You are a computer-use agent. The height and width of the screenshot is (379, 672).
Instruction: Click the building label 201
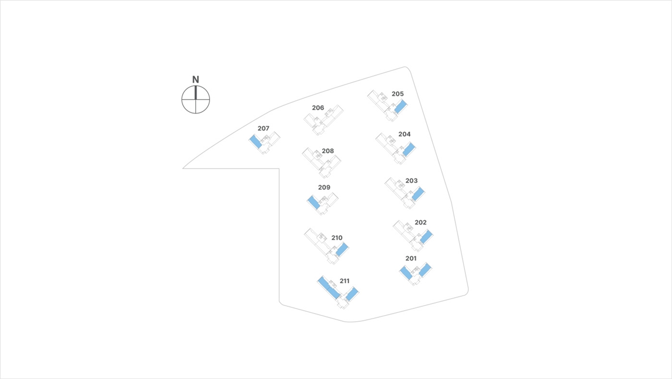(411, 259)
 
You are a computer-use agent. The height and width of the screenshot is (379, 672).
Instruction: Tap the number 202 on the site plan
(421, 223)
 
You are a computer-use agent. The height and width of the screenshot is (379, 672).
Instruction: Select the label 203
(412, 181)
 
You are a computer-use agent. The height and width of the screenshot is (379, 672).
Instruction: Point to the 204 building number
(404, 134)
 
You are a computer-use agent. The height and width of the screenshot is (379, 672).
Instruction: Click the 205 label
(398, 94)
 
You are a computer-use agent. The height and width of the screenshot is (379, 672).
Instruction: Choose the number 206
(318, 107)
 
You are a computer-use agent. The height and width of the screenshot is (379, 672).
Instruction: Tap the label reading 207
(263, 129)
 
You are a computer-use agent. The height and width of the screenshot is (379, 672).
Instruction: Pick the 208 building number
(328, 151)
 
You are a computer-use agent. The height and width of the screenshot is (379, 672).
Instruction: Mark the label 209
(324, 188)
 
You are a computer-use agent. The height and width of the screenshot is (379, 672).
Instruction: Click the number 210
(337, 238)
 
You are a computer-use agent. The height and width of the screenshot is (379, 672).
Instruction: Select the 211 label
(344, 281)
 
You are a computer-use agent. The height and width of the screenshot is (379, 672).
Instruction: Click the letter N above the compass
(195, 79)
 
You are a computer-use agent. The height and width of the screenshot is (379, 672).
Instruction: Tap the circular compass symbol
(195, 100)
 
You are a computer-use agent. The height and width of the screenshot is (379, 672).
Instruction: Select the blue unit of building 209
(314, 202)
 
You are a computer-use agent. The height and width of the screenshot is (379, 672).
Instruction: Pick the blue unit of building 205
(400, 107)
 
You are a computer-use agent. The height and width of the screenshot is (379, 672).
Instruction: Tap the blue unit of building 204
(408, 149)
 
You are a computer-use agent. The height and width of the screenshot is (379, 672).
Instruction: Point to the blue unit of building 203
(418, 194)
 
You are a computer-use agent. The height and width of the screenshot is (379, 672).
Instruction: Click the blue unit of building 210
(342, 250)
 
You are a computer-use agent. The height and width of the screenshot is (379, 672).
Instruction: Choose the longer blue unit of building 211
(329, 288)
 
